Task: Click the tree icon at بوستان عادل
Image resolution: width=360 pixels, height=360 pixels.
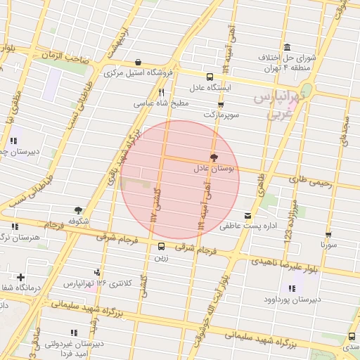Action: click(214, 158)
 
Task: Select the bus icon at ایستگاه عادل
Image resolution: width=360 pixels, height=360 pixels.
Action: click(210, 77)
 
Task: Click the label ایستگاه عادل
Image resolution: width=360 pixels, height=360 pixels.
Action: click(210, 89)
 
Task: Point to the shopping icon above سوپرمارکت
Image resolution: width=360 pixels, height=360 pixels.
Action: click(221, 104)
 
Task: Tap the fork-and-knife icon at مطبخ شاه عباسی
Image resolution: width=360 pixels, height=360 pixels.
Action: click(161, 92)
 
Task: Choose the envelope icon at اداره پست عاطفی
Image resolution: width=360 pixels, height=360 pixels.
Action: click(247, 216)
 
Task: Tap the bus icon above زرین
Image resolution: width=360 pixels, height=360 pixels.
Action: click(162, 247)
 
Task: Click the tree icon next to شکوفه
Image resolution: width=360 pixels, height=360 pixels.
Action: click(78, 210)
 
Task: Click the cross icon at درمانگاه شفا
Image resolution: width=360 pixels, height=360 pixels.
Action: click(21, 278)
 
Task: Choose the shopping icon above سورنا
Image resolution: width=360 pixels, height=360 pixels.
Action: click(328, 234)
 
